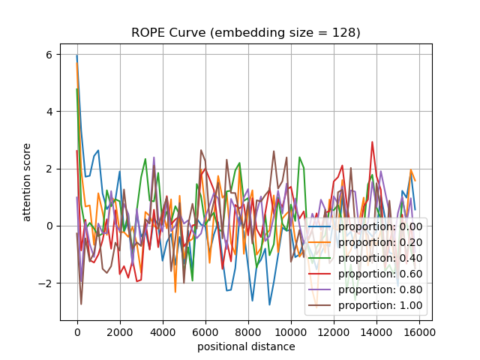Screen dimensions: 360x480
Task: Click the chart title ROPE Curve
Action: pyautogui.click(x=246, y=32)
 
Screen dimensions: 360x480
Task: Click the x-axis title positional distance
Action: pyautogui.click(x=246, y=346)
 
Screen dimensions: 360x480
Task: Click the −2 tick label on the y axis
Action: pyautogui.click(x=47, y=283)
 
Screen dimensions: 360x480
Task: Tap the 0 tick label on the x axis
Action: pyautogui.click(x=76, y=331)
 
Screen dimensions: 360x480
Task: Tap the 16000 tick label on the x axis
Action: pyautogui.click(x=418, y=331)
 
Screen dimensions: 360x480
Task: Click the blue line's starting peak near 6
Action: pyautogui.click(x=76, y=55)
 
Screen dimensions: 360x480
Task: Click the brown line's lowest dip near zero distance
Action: pyautogui.click(x=81, y=304)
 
